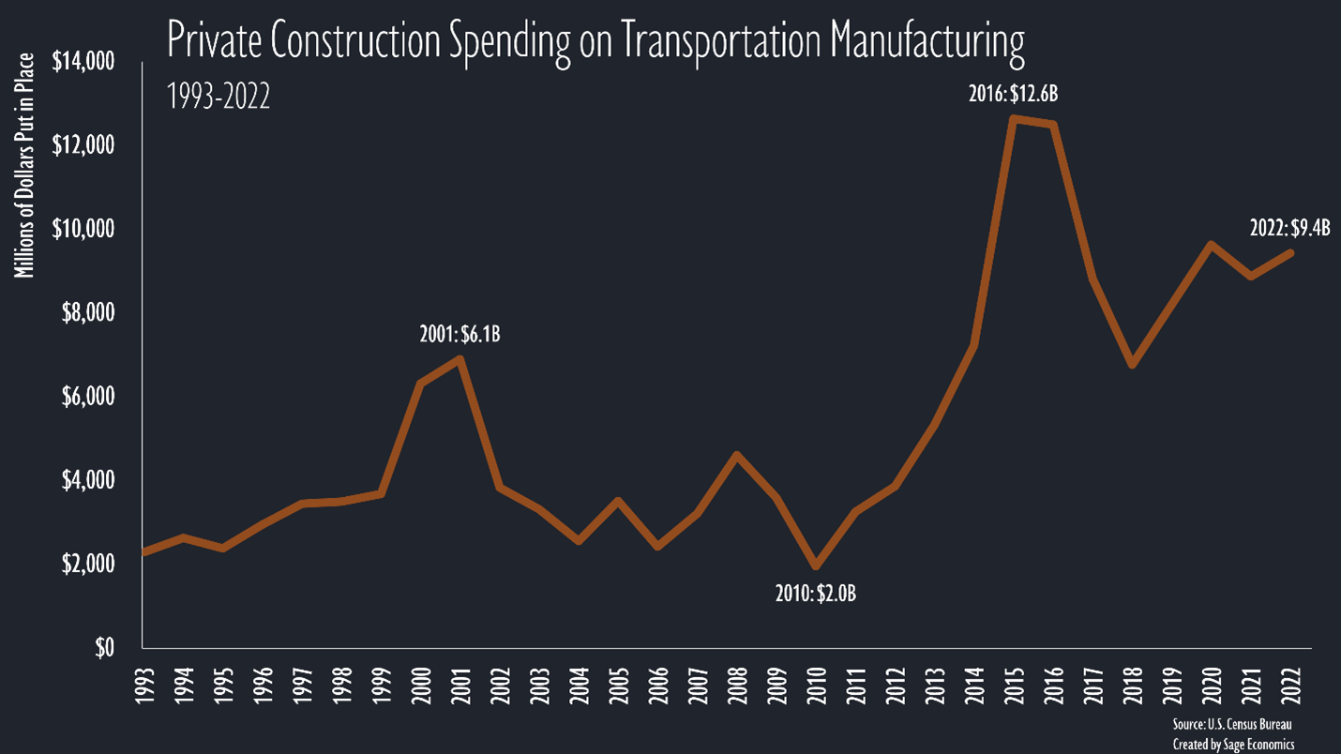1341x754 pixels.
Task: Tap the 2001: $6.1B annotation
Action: [460, 334]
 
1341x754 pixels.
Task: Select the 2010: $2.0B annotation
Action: [816, 594]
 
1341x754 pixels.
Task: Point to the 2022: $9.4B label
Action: [1289, 227]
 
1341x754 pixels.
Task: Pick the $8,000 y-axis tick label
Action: [90, 313]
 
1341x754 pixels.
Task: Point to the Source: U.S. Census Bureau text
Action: [1232, 725]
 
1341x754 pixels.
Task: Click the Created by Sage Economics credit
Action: [1233, 744]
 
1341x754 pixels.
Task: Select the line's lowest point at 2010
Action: [816, 565]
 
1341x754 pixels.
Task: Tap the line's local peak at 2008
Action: [737, 456]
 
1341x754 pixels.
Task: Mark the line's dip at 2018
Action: [1132, 364]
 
